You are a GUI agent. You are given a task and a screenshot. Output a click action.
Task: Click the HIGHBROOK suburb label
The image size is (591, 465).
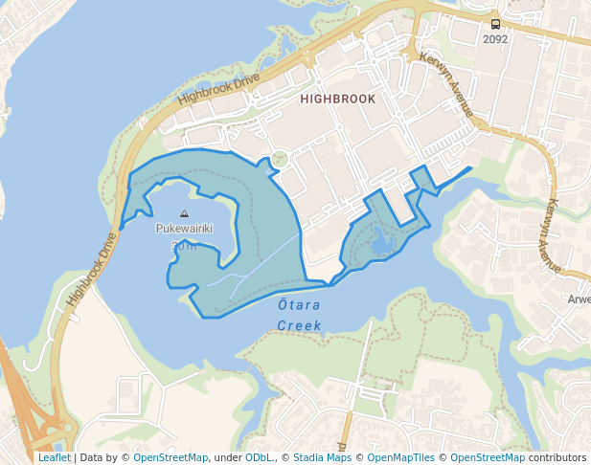click(x=337, y=99)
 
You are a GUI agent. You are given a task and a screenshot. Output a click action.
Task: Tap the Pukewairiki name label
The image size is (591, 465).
click(x=183, y=230)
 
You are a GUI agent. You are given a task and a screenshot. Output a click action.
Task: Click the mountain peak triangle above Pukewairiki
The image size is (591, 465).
click(x=184, y=214)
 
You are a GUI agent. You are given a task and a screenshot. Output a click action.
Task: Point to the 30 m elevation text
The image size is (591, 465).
click(x=183, y=246)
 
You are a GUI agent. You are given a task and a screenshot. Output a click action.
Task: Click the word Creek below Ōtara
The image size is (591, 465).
click(x=299, y=325)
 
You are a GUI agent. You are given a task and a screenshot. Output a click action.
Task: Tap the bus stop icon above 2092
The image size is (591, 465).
click(x=495, y=24)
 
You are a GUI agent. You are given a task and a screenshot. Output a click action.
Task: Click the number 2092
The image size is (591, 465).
click(x=495, y=40)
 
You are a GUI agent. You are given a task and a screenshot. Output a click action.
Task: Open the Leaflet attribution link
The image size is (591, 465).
click(x=54, y=458)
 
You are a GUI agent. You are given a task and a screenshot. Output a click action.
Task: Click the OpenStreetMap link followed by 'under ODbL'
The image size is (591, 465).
click(x=170, y=458)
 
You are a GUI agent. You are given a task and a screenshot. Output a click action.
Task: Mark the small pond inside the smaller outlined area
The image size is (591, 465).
click(x=382, y=245)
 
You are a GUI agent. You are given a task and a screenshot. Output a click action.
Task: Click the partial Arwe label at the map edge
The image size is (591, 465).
click(x=579, y=299)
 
